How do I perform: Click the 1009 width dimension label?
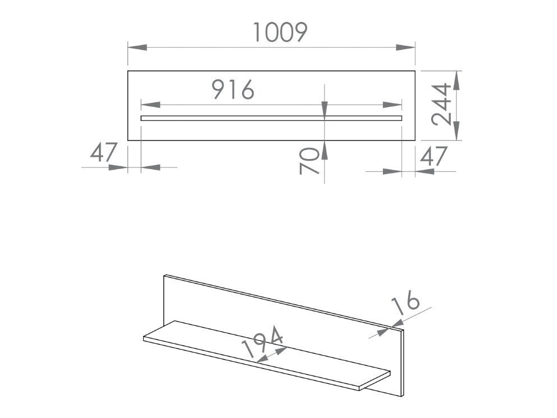click(280, 33)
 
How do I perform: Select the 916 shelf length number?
click(233, 90)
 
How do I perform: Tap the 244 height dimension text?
click(442, 106)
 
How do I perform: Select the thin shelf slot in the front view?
click(271, 118)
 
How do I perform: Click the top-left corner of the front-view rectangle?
click(128, 71)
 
